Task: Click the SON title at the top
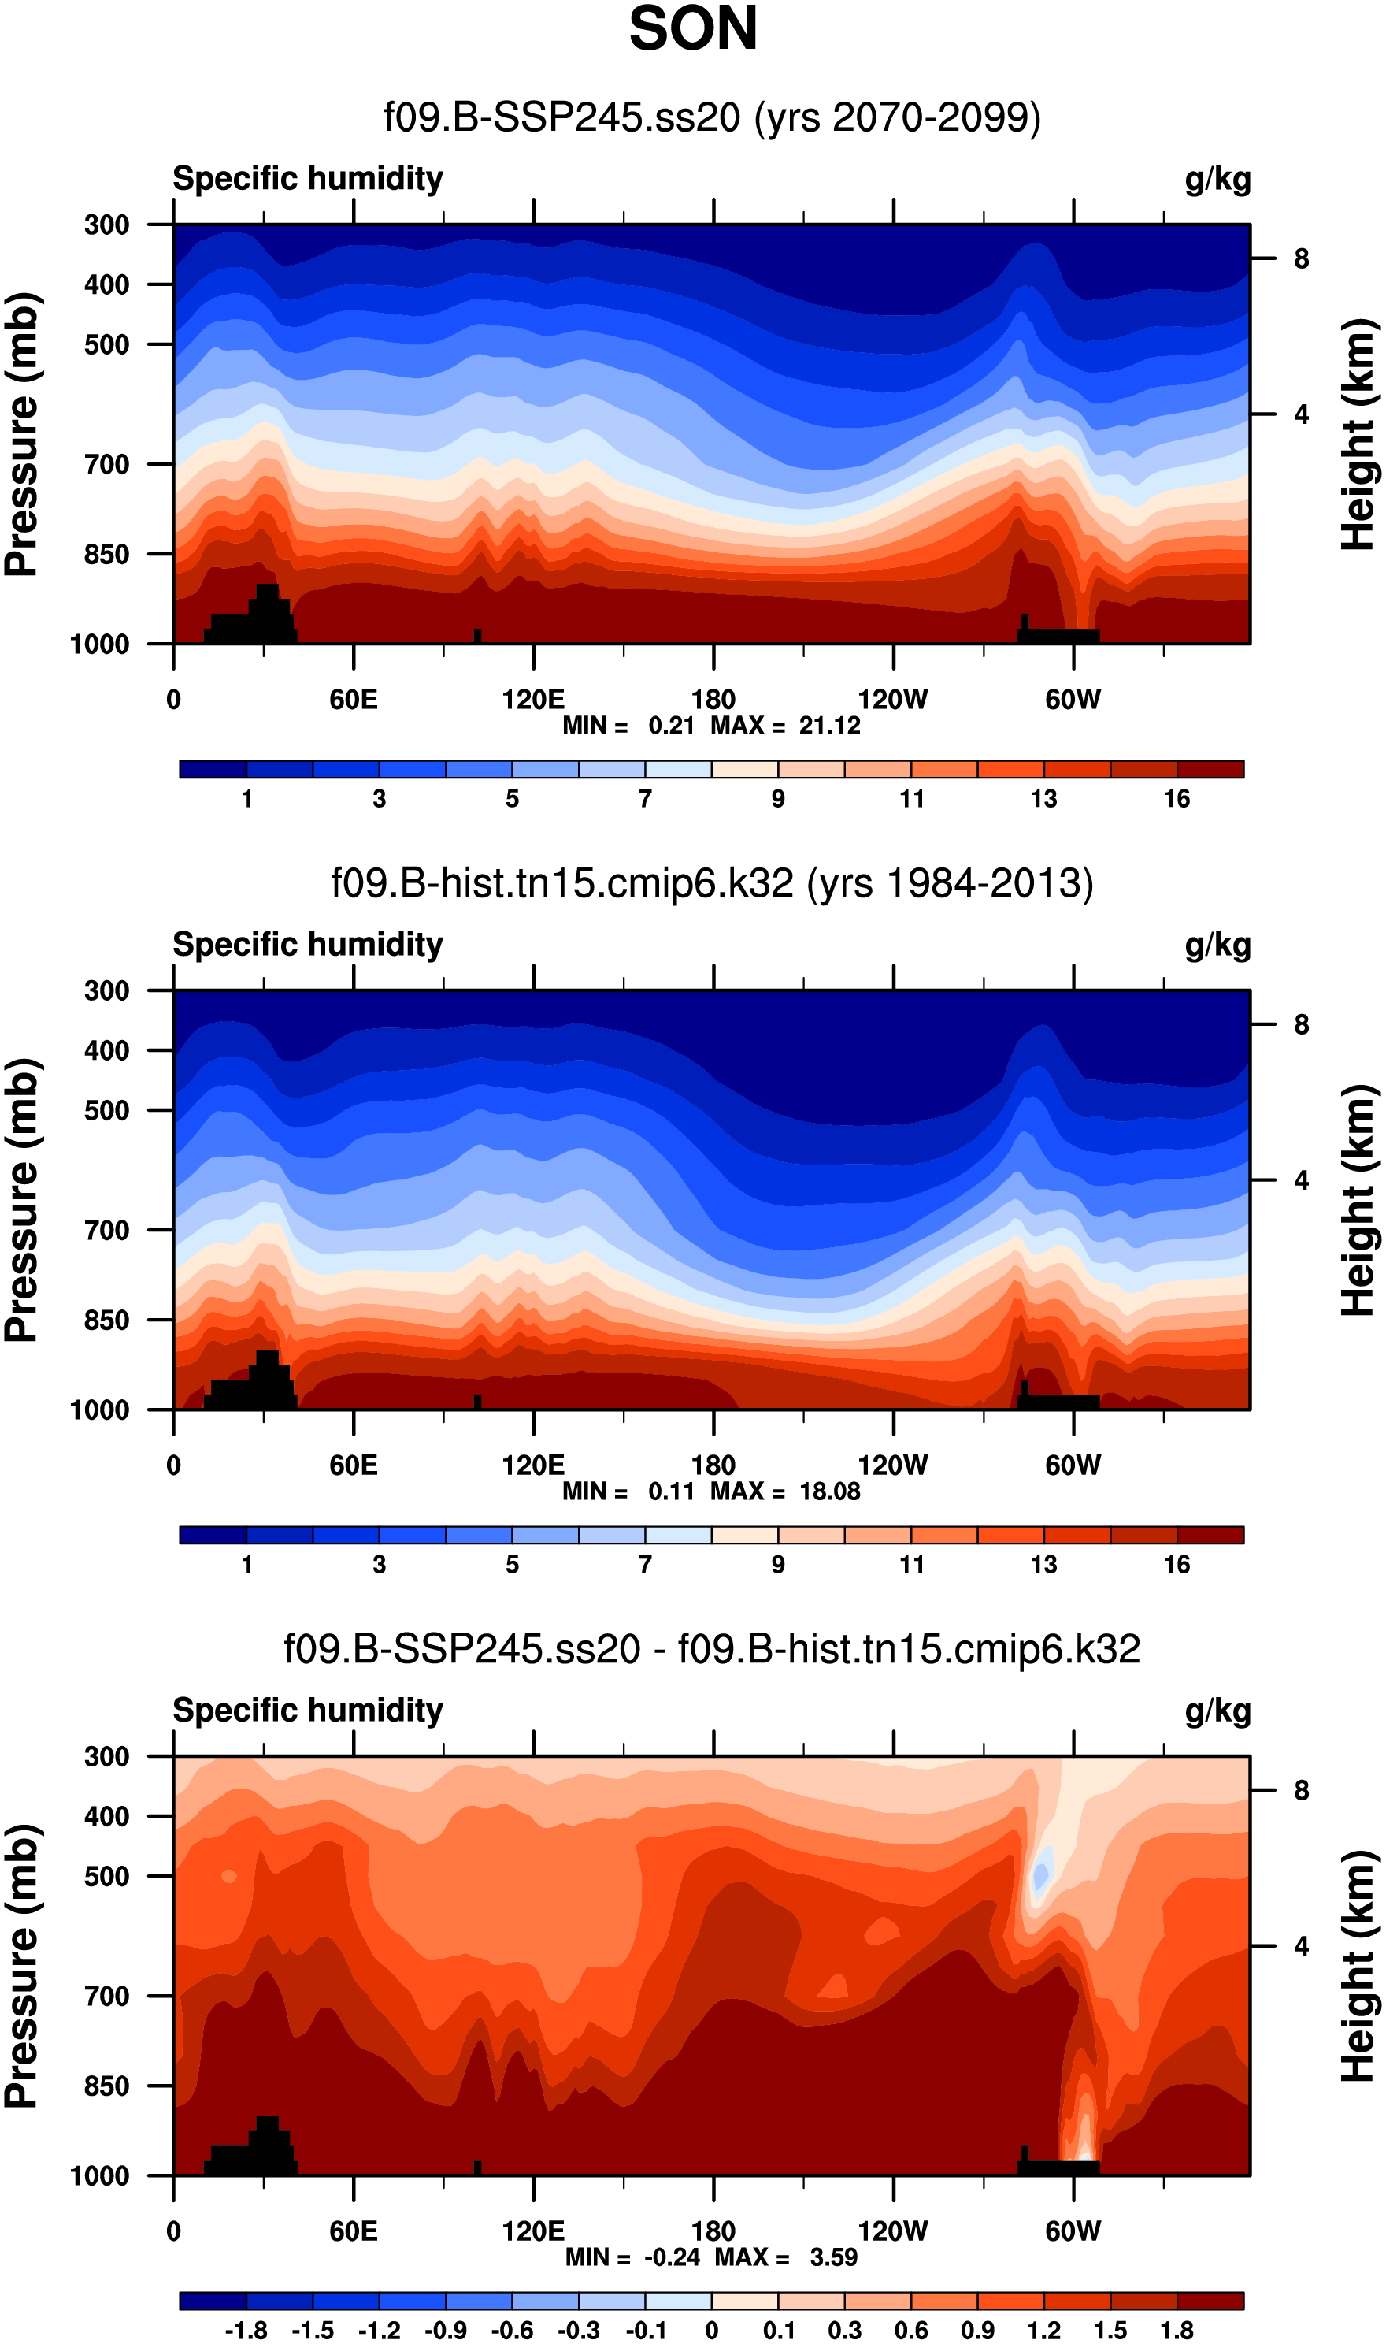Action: point(693,29)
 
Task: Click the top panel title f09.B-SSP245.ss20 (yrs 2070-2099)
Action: point(712,117)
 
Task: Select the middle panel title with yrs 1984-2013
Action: point(712,883)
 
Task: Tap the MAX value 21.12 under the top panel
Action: point(829,726)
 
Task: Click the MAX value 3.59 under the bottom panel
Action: point(833,2257)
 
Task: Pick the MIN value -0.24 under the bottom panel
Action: point(672,2257)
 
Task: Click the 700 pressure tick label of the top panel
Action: point(106,464)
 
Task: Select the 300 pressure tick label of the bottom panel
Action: point(106,1756)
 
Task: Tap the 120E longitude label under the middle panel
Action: point(532,1465)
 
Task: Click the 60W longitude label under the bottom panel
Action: point(1073,2231)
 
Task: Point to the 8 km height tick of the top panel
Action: point(1301,258)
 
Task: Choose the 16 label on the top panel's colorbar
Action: point(1177,799)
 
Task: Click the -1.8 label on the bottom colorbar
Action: point(246,2330)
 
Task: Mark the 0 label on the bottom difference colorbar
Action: point(712,2330)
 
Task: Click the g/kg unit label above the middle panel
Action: point(1217,945)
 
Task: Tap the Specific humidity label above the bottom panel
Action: point(307,1711)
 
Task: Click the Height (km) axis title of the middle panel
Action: point(1359,1201)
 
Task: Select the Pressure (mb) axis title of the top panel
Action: point(22,434)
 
